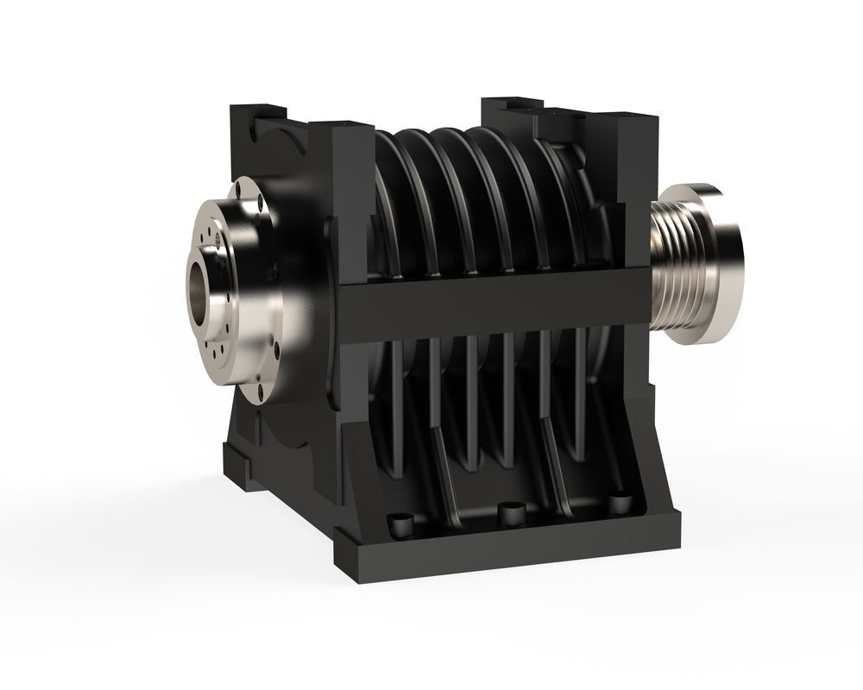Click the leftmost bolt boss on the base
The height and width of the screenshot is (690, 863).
pos(399,523)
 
